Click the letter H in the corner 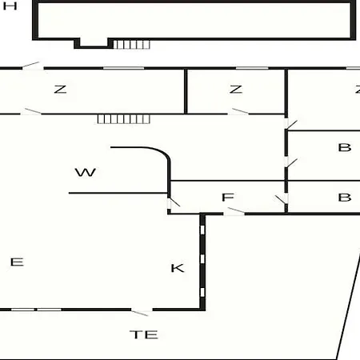[x=10, y=6]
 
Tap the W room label [x=86, y=172]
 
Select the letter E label [x=17, y=262]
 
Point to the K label [x=178, y=268]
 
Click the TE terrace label [x=144, y=334]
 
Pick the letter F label [x=228, y=198]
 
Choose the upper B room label [x=345, y=147]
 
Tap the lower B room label [x=345, y=198]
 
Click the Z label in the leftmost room [x=60, y=89]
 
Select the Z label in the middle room [x=236, y=89]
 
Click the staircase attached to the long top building [x=131, y=44]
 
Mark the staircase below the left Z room [x=124, y=119]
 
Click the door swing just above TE [x=140, y=313]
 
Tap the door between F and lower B [x=282, y=199]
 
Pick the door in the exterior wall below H [x=30, y=65]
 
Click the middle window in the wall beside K [x=202, y=258]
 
